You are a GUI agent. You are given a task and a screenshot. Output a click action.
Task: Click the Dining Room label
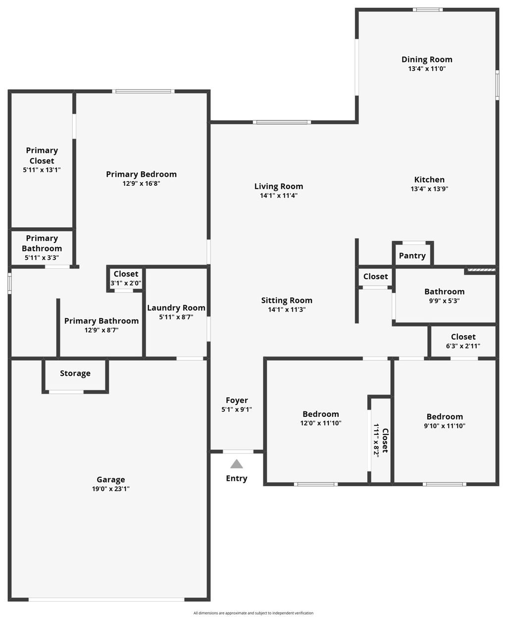[427, 59]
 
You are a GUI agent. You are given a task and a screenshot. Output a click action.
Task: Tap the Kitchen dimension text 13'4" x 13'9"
[429, 189]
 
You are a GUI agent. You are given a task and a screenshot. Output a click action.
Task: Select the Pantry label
[412, 256]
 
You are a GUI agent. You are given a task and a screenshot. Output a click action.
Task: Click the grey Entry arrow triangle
[237, 464]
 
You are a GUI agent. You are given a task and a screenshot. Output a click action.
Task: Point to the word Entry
[237, 478]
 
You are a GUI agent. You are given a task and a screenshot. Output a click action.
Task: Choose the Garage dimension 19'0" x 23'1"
[110, 489]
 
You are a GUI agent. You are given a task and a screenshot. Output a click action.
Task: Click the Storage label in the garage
[75, 373]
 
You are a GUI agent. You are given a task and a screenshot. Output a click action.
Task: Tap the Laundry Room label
[176, 308]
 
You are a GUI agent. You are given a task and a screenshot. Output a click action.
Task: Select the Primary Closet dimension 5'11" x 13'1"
[42, 170]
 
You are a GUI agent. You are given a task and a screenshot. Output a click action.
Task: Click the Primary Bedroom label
[141, 174]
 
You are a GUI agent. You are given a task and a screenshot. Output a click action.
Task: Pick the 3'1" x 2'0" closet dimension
[126, 283]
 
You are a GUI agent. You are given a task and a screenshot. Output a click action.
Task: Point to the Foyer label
[237, 400]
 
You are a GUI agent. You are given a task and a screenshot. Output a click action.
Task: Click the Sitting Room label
[287, 300]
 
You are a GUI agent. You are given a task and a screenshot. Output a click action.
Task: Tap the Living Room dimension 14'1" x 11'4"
[279, 196]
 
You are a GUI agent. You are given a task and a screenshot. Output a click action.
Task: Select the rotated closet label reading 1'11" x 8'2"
[377, 440]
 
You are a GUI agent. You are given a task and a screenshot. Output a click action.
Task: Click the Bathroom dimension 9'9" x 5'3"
[444, 301]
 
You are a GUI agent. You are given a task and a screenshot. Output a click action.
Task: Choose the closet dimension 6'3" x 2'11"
[463, 346]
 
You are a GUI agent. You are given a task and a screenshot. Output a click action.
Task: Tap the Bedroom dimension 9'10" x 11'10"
[445, 426]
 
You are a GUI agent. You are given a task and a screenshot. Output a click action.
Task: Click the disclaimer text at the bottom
[253, 613]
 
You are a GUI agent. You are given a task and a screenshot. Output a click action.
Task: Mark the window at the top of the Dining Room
[428, 9]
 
